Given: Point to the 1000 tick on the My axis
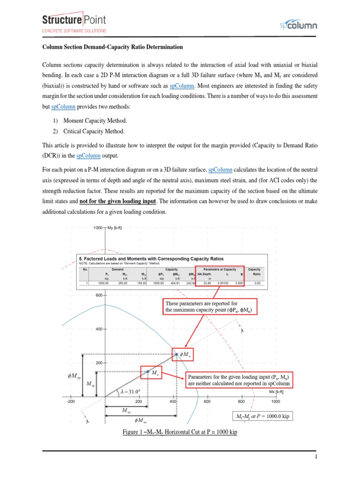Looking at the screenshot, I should click(99, 228).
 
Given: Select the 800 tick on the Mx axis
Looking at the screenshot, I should click(241, 401).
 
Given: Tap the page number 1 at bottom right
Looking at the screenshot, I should click(316, 457).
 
